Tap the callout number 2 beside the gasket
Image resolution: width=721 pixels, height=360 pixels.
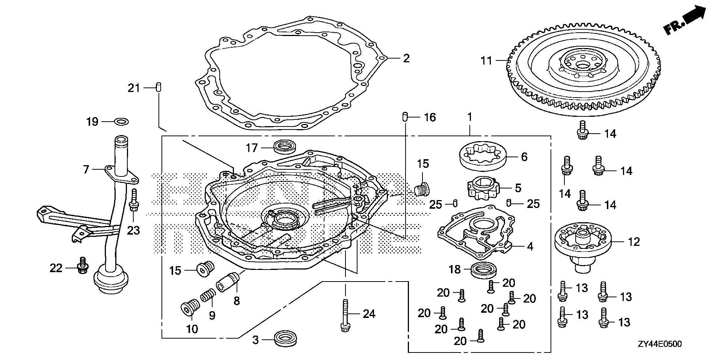(406, 59)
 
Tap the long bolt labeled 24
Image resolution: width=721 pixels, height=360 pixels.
(344, 315)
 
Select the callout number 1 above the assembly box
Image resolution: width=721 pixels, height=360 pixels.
(469, 117)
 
